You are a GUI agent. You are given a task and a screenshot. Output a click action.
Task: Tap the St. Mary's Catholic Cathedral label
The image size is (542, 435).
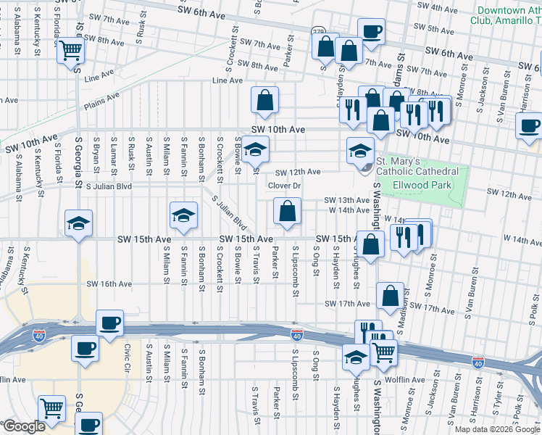pyautogui.click(x=417, y=166)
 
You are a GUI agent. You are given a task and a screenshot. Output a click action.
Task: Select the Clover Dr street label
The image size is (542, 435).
pyautogui.click(x=284, y=186)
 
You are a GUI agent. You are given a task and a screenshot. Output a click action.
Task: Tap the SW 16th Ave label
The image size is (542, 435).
pyautogui.click(x=109, y=284)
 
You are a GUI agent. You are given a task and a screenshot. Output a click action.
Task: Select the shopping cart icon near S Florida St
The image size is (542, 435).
pyautogui.click(x=72, y=51)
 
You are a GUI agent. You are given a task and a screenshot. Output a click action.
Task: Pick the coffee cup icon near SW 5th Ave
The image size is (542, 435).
pyautogui.click(x=371, y=32)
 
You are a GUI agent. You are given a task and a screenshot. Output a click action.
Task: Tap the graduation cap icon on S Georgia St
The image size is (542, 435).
pyautogui.click(x=79, y=223)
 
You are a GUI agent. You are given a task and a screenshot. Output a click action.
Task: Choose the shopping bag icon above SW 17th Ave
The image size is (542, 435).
pyautogui.click(x=391, y=296)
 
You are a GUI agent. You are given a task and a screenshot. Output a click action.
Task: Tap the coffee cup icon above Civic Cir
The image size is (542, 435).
pyautogui.click(x=109, y=323)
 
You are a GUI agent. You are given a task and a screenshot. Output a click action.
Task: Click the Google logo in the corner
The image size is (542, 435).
pyautogui.click(x=23, y=426)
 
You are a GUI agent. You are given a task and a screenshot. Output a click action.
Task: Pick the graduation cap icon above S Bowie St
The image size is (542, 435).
pyautogui.click(x=255, y=149)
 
